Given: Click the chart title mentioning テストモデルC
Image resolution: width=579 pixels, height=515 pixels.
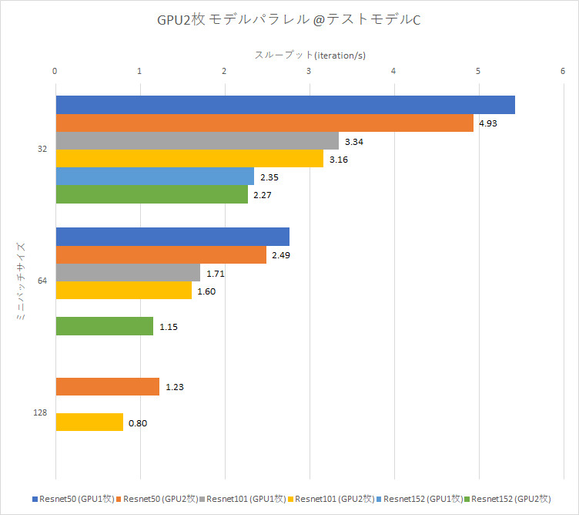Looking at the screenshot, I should pyautogui.click(x=289, y=19).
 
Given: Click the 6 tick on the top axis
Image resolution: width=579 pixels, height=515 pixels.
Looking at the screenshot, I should pyautogui.click(x=564, y=71).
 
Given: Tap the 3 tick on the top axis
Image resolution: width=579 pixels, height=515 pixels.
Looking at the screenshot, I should pyautogui.click(x=309, y=71).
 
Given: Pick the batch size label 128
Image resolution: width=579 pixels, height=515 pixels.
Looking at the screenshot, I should pyautogui.click(x=40, y=412).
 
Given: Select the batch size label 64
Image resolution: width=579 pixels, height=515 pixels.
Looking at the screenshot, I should pyautogui.click(x=42, y=281).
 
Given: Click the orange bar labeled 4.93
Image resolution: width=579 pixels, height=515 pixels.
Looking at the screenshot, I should pyautogui.click(x=264, y=123).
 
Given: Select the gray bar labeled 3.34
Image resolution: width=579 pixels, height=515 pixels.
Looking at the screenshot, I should pyautogui.click(x=197, y=140).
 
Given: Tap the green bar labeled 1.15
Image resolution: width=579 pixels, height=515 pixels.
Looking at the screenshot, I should pyautogui.click(x=104, y=326).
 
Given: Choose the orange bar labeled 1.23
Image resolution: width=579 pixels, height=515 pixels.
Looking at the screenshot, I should pyautogui.click(x=107, y=386).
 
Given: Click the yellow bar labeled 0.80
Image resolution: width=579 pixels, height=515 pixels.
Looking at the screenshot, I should pyautogui.click(x=89, y=422).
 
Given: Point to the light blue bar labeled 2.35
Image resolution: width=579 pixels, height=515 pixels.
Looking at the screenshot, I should pyautogui.click(x=155, y=177).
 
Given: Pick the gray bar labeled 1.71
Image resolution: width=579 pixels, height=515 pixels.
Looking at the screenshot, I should pyautogui.click(x=128, y=272).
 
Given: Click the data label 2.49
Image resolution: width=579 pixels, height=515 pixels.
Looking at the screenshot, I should pyautogui.click(x=282, y=255).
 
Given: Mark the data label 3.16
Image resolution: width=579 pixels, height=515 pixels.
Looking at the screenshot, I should pyautogui.click(x=340, y=160).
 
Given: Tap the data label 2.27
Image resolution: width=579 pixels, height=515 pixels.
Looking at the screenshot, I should pyautogui.click(x=264, y=195).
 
